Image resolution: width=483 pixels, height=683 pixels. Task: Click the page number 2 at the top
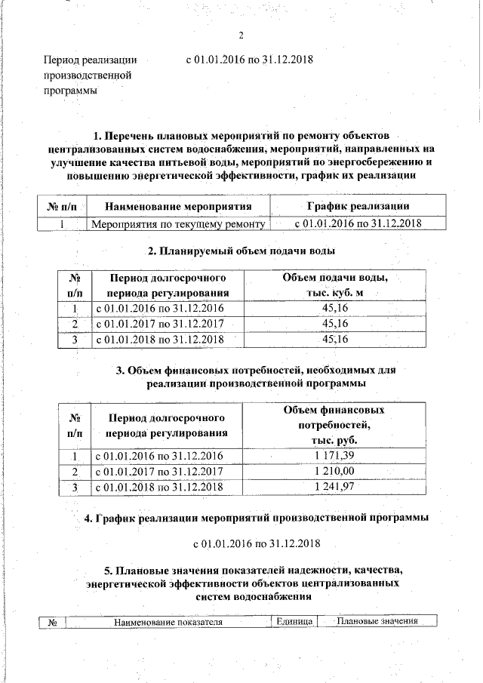coord(241,36)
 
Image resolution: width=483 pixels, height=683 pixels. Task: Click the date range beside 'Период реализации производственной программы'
coord(250,60)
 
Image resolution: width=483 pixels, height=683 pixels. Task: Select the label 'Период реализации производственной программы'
coord(89,75)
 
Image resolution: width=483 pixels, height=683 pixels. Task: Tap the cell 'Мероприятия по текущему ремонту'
coord(177,224)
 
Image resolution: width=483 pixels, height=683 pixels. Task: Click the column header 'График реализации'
coord(358,206)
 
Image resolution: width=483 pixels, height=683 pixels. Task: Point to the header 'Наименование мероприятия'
coord(177,206)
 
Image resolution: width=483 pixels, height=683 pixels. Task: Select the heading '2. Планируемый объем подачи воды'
coord(241,251)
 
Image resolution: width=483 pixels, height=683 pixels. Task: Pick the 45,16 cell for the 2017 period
coord(334,324)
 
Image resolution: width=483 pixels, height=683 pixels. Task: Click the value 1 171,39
coord(334,456)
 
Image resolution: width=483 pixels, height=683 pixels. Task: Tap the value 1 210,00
coord(334,472)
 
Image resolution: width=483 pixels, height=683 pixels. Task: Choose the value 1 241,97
coord(334,488)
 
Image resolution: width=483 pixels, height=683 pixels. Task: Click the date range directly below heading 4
coord(257,543)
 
